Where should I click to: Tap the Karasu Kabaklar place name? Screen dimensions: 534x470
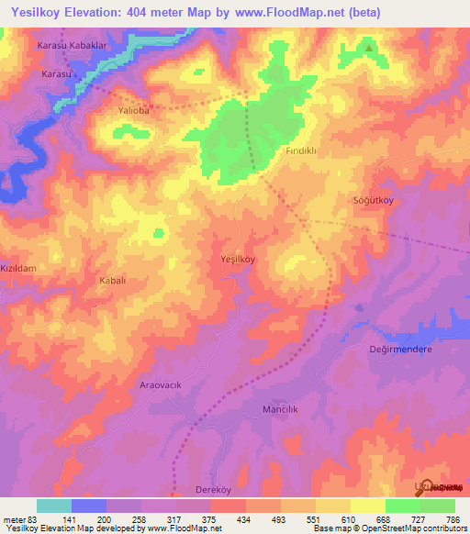69,45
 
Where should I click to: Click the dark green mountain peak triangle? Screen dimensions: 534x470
369,49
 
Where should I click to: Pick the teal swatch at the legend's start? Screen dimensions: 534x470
53,506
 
